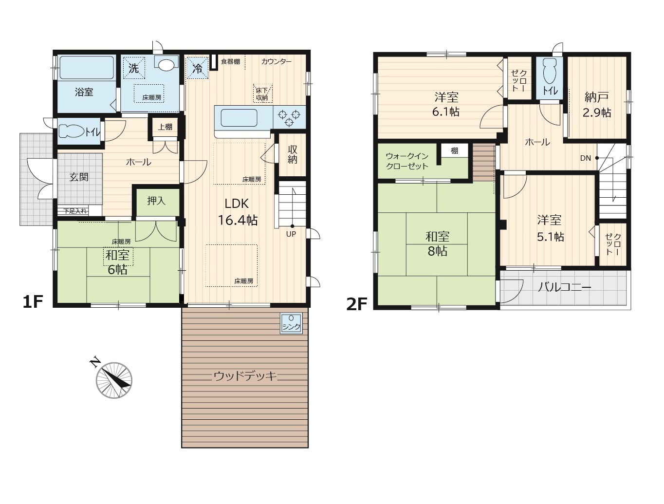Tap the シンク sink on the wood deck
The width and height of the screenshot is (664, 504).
[291, 323]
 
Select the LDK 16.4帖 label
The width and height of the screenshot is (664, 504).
[238, 212]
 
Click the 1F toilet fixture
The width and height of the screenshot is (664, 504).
[71, 131]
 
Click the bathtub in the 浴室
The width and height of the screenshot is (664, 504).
[87, 68]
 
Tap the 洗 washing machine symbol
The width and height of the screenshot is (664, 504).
[134, 68]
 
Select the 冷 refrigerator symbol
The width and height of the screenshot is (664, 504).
[197, 68]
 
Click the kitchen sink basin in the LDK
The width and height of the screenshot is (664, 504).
[239, 118]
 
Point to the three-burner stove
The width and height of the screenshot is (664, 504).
[289, 117]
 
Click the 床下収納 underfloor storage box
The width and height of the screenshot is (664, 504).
[262, 93]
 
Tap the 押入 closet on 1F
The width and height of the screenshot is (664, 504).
[156, 202]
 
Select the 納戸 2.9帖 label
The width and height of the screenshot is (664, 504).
[597, 105]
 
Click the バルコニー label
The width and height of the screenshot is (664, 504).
[565, 287]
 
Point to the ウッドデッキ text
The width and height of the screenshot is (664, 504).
[245, 376]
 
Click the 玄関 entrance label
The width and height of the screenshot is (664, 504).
[79, 177]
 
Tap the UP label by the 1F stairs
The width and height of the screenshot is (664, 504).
[291, 234]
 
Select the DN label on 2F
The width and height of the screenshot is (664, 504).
[585, 158]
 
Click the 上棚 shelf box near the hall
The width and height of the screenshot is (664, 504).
[165, 127]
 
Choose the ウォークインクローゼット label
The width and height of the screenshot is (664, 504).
[407, 161]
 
